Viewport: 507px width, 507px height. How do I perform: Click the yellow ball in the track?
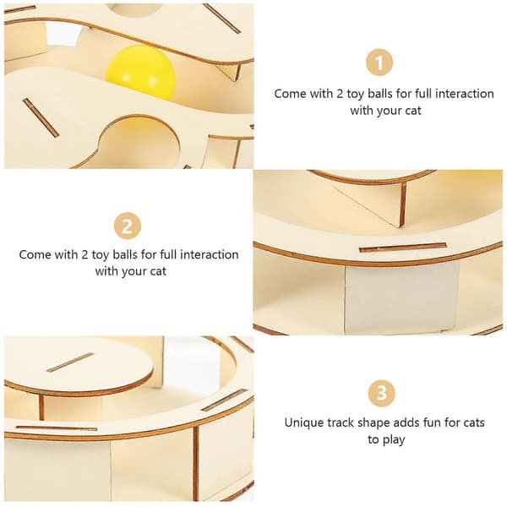[x=140, y=73]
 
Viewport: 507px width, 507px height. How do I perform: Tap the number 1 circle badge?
[x=379, y=63]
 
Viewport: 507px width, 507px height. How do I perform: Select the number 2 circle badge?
[x=128, y=226]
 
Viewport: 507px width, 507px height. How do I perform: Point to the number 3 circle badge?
[x=382, y=393]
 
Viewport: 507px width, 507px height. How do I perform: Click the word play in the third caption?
[x=394, y=440]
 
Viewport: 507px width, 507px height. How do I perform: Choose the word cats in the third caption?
[x=474, y=423]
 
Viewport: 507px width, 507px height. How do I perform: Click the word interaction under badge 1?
[x=464, y=94]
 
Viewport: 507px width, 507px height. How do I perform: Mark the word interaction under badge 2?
[x=210, y=255]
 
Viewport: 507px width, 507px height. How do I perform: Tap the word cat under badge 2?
[x=158, y=271]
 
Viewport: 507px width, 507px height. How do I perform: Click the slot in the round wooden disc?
[x=70, y=363]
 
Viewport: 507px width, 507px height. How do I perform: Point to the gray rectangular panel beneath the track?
[x=402, y=297]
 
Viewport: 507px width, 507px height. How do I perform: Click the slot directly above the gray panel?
[x=402, y=248]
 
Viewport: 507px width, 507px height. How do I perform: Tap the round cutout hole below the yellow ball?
[x=140, y=142]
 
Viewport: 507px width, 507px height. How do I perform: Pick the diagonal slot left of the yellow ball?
[x=41, y=117]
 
